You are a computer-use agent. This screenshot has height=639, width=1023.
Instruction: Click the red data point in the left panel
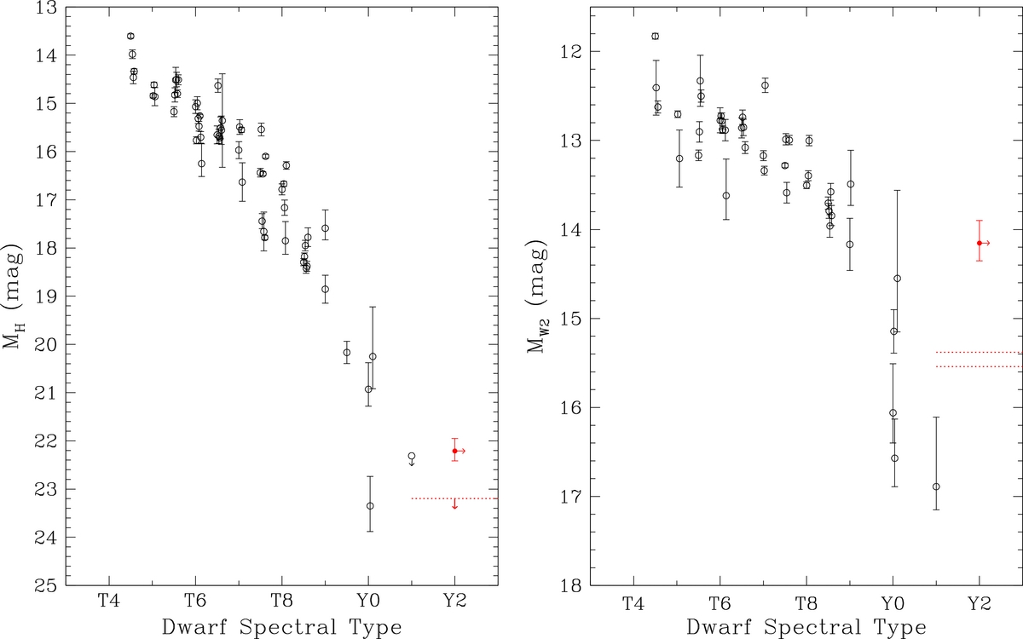(x=454, y=450)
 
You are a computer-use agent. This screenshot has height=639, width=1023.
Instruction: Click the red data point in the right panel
(x=980, y=243)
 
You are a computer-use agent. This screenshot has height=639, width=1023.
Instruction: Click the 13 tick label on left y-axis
(x=46, y=8)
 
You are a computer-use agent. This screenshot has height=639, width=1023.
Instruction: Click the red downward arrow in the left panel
(x=454, y=504)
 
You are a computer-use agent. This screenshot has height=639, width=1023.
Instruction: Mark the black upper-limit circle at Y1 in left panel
(x=412, y=457)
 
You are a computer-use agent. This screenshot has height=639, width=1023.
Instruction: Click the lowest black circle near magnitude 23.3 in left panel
(x=370, y=505)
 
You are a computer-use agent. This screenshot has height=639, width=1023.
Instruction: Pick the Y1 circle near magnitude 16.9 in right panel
(x=936, y=486)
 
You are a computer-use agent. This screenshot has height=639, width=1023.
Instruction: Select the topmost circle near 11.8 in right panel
(x=655, y=36)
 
